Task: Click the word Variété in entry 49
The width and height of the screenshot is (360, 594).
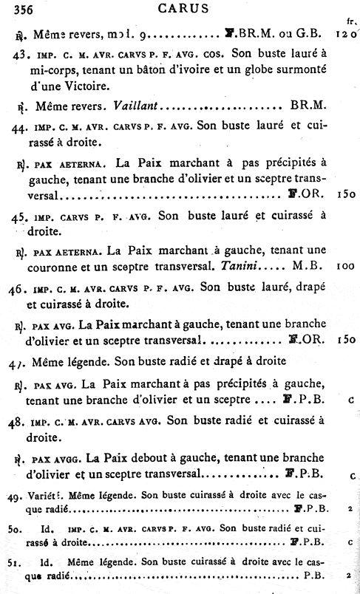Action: coord(43,495)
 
